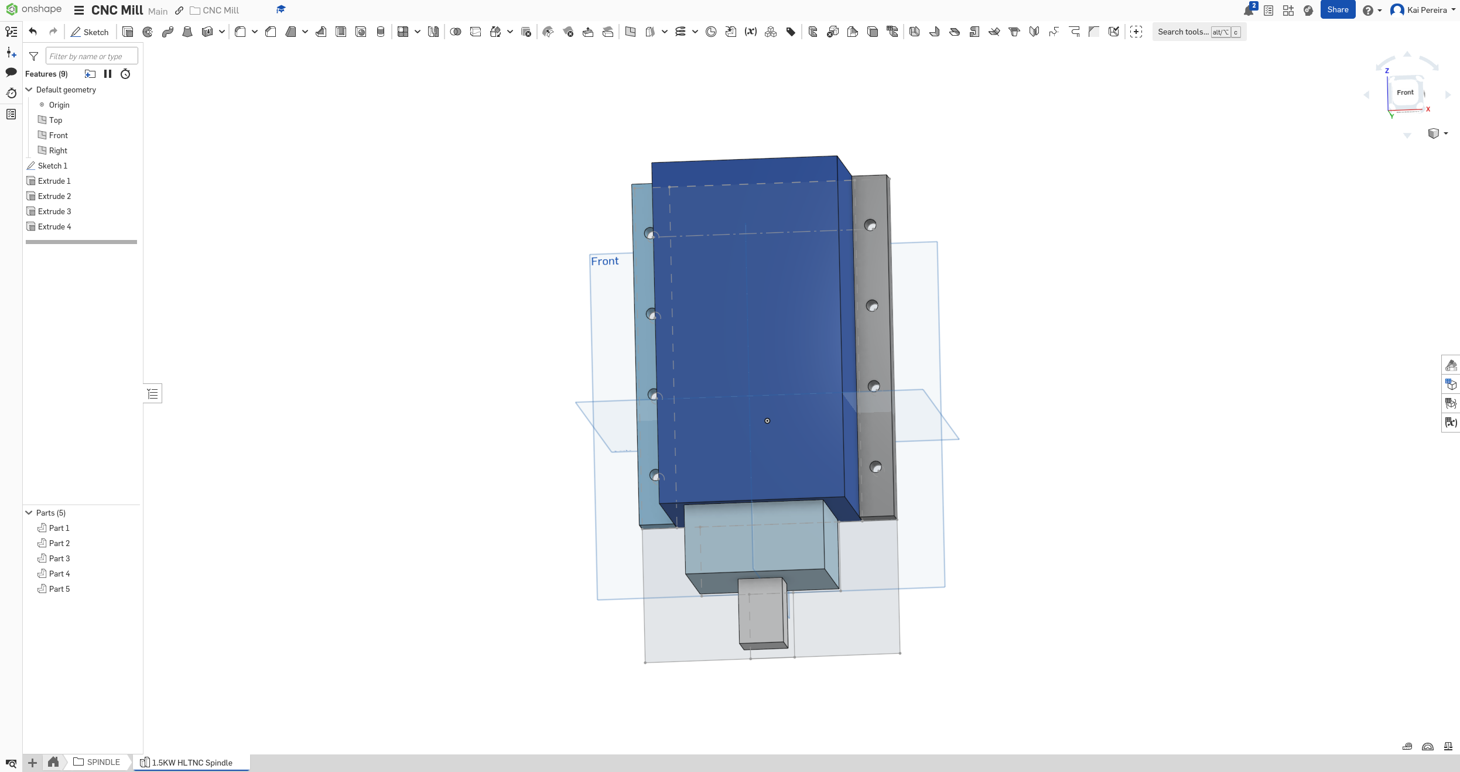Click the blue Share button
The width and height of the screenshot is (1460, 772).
pyautogui.click(x=1337, y=10)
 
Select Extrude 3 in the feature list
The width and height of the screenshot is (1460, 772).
pyautogui.click(x=54, y=211)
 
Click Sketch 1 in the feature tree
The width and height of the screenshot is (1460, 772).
pyautogui.click(x=52, y=166)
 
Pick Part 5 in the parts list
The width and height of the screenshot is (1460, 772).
pyautogui.click(x=59, y=589)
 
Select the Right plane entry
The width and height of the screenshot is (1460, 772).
pyautogui.click(x=57, y=150)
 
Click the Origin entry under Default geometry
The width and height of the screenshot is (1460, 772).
pyautogui.click(x=59, y=105)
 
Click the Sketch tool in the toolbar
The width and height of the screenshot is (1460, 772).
pyautogui.click(x=90, y=32)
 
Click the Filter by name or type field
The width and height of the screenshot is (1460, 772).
pyautogui.click(x=91, y=56)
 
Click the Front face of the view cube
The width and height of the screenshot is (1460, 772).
pyautogui.click(x=1404, y=92)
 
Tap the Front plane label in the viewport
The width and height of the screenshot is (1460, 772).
pyautogui.click(x=604, y=261)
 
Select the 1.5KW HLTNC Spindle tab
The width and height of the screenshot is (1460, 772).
pyautogui.click(x=192, y=763)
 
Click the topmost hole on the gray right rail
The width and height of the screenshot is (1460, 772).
pyautogui.click(x=870, y=225)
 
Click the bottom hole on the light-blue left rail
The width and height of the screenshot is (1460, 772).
pyautogui.click(x=655, y=475)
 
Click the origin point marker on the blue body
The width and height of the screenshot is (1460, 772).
pyautogui.click(x=767, y=421)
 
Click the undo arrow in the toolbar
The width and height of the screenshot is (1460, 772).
pyautogui.click(x=33, y=32)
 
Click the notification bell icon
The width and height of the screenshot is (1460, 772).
pyautogui.click(x=1248, y=11)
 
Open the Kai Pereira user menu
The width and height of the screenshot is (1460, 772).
pyautogui.click(x=1423, y=10)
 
